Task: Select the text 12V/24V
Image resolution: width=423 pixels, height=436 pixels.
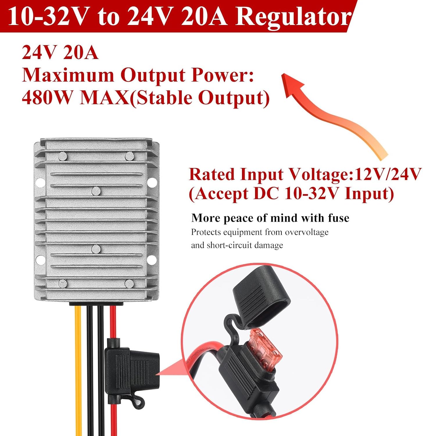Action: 388,174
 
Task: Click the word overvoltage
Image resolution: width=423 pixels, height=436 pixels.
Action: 307,232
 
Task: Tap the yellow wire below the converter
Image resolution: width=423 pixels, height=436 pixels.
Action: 78,363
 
